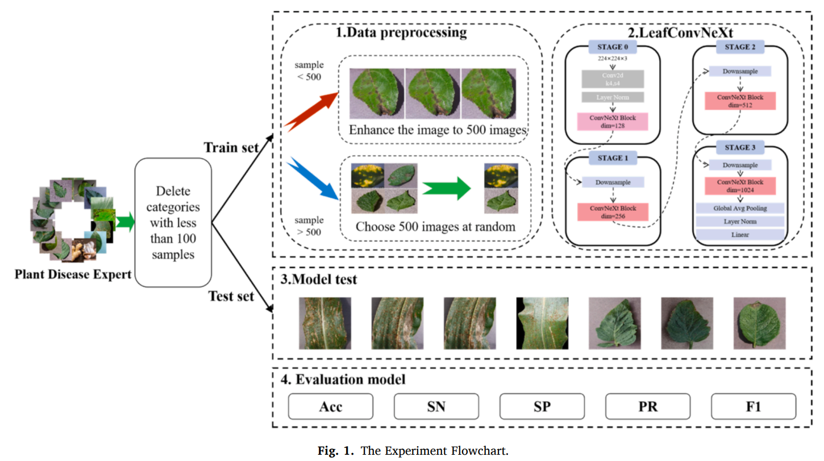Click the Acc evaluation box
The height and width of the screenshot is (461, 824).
click(331, 407)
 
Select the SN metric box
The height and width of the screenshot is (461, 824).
click(436, 407)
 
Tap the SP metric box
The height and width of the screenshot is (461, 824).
click(542, 407)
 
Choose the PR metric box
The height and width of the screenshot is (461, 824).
click(648, 407)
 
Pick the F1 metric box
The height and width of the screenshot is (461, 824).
click(754, 407)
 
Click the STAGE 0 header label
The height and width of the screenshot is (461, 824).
click(613, 47)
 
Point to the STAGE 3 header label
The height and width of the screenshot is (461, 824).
click(740, 148)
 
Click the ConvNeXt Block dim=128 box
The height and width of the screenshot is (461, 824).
click(613, 121)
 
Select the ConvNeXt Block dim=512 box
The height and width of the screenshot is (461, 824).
click(740, 101)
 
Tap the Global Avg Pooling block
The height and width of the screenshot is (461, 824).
click(740, 209)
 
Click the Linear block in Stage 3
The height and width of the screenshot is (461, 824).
click(740, 234)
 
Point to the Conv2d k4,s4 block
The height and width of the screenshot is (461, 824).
click(613, 79)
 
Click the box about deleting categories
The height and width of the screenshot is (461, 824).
click(173, 222)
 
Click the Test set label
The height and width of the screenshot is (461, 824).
click(231, 296)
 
